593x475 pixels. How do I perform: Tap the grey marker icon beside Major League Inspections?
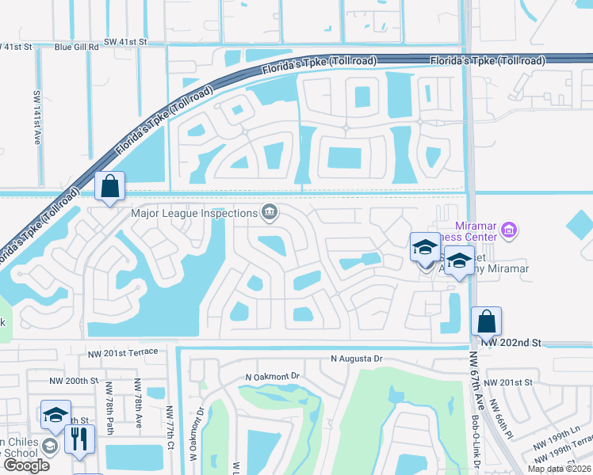click(270, 211)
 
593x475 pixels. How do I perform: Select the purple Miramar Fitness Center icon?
click(509, 231)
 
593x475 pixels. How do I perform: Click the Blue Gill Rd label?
click(77, 47)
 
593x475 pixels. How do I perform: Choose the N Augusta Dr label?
click(357, 359)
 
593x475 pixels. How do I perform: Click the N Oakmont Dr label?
click(274, 376)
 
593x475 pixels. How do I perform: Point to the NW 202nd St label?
click(515, 343)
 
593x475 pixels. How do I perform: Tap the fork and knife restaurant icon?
click(78, 439)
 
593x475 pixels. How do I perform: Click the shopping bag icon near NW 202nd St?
click(486, 322)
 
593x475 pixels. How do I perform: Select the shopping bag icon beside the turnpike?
click(110, 187)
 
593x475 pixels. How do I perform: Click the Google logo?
click(26, 465)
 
